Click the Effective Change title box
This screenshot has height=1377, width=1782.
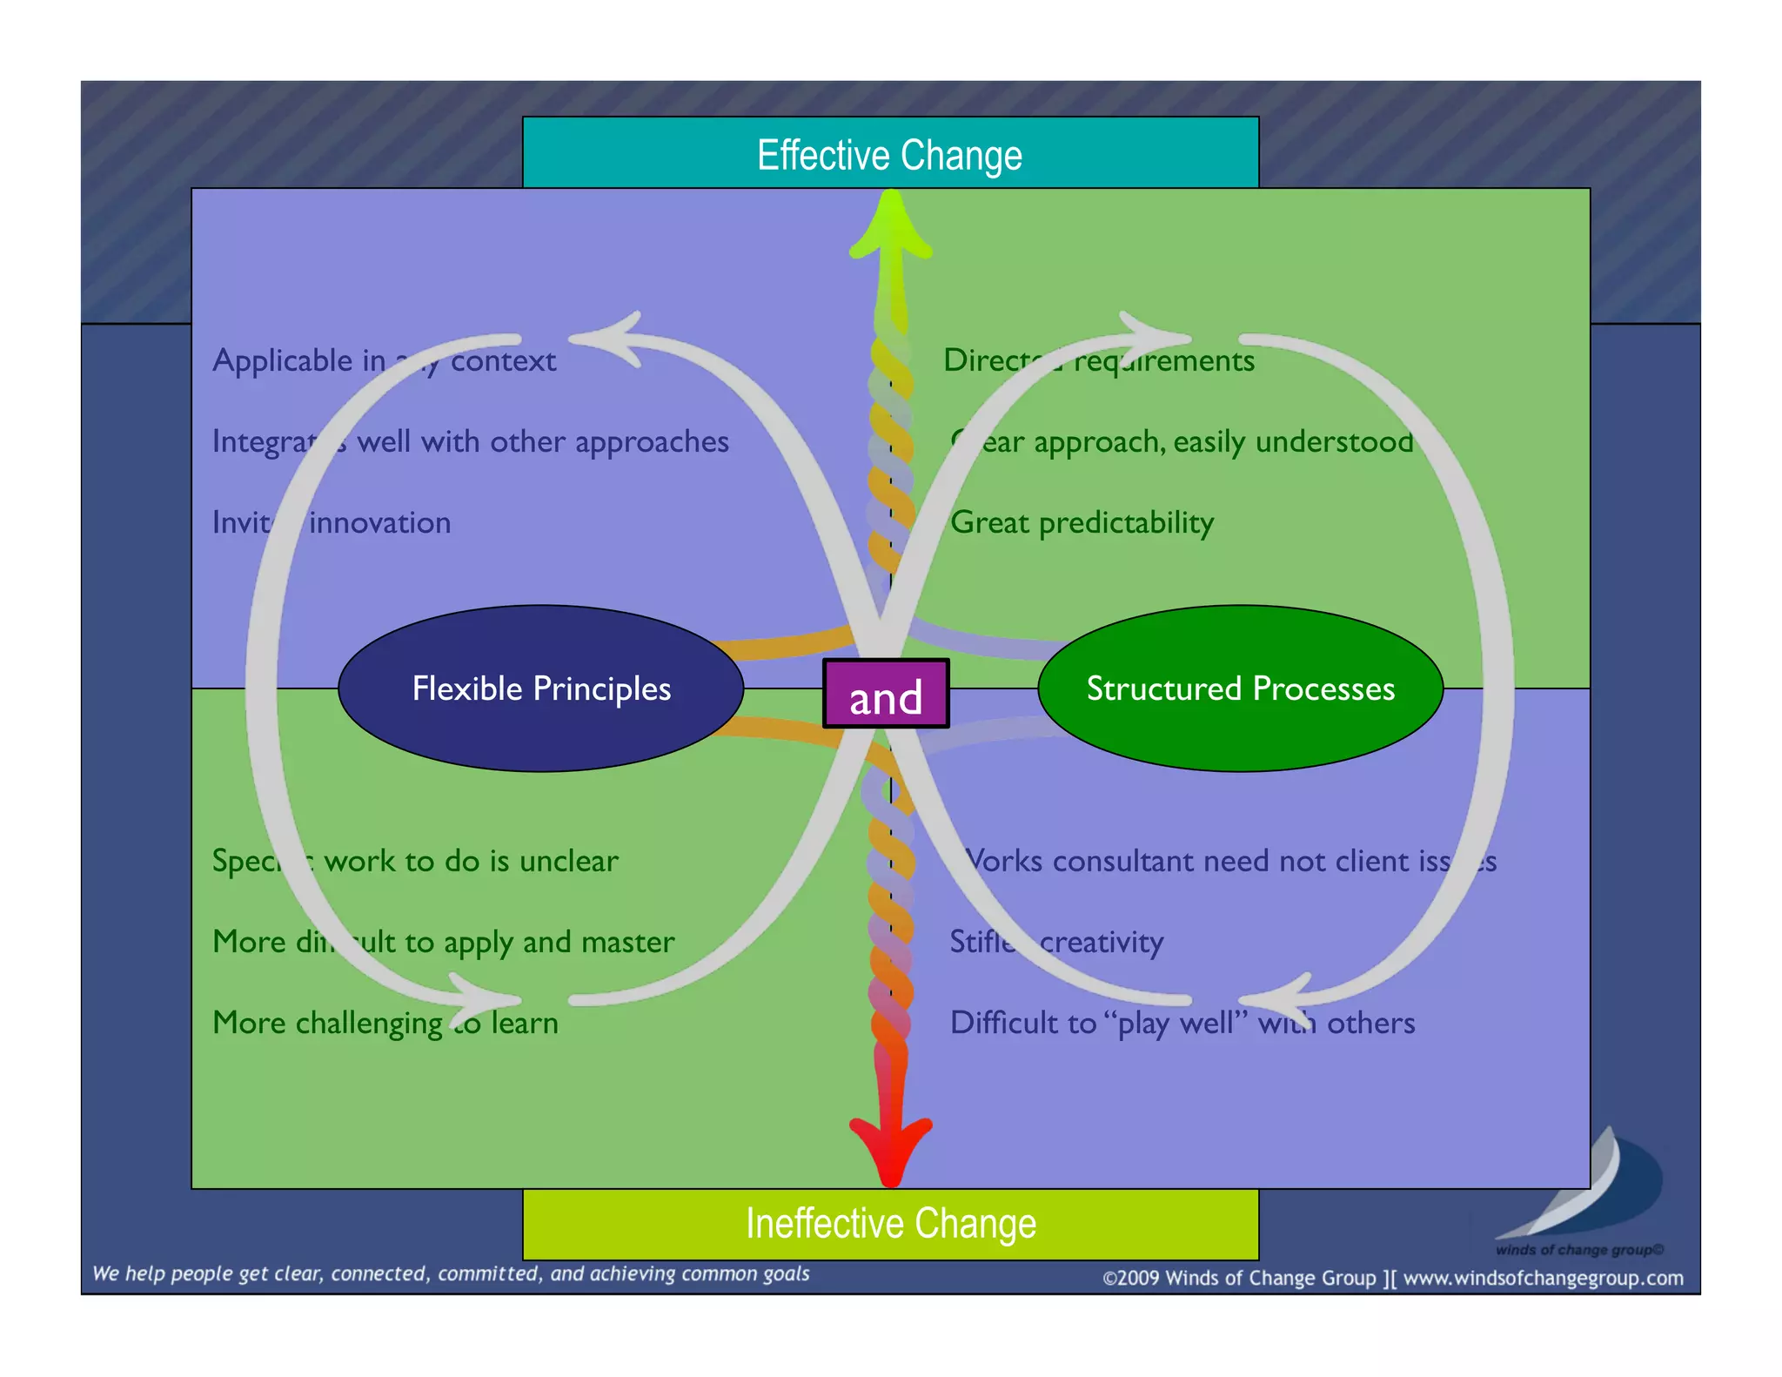[890, 155]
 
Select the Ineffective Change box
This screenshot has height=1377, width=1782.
[890, 1224]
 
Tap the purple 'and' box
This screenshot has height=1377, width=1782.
[886, 695]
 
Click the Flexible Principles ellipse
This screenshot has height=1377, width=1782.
[540, 688]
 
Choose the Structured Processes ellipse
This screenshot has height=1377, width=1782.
[1240, 688]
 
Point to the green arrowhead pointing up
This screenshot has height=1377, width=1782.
[891, 228]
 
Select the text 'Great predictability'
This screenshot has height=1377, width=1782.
[1082, 522]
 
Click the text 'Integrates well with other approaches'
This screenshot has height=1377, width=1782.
[471, 441]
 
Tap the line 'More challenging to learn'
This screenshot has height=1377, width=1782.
[385, 1023]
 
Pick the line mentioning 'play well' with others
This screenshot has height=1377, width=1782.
[1182, 1023]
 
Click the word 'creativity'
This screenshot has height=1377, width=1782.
[1102, 942]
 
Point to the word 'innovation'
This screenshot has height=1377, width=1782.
[380, 522]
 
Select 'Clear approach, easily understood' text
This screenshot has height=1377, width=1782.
[1182, 441]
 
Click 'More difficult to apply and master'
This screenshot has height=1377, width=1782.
[444, 942]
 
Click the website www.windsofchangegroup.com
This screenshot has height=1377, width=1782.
[1543, 1278]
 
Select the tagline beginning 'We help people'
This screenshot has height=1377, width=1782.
[451, 1273]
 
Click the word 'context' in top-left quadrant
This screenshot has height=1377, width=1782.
[503, 360]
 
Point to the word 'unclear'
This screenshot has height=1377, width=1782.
[568, 861]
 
